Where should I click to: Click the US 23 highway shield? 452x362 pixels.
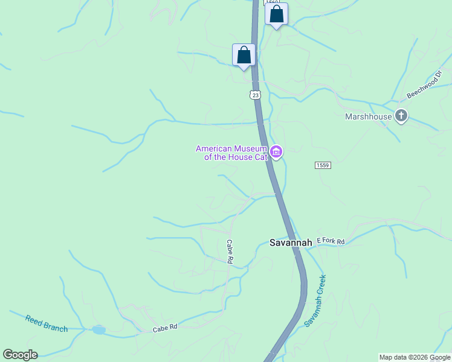tap(255, 95)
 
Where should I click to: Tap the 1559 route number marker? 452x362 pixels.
tap(323, 165)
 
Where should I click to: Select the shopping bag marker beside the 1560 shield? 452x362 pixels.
tap(276, 14)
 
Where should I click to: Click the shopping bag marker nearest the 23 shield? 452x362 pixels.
tap(244, 55)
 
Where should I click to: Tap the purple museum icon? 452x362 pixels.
tap(277, 152)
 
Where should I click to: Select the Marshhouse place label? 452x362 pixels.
tap(368, 116)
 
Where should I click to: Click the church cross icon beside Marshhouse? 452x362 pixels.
tap(401, 116)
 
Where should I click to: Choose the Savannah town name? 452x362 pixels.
tap(291, 243)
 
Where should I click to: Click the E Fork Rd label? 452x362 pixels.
tap(330, 241)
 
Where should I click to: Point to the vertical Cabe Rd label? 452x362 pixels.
tap(230, 252)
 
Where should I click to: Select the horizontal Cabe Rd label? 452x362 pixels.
tap(165, 328)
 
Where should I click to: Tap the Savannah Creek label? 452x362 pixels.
tap(315, 300)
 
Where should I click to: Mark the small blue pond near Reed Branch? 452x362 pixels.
tap(98, 330)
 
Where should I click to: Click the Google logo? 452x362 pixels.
tap(20, 355)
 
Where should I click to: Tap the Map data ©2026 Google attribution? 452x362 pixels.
tap(415, 357)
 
